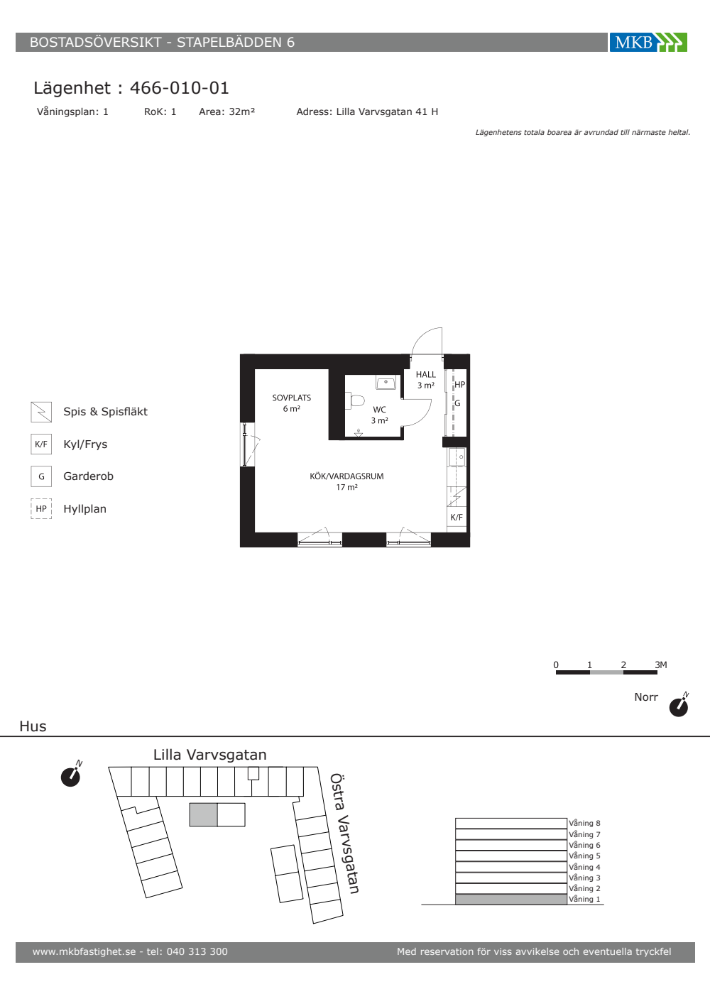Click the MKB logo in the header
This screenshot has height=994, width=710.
click(648, 42)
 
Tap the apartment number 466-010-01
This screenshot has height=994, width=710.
click(179, 88)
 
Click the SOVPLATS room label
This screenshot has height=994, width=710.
click(292, 398)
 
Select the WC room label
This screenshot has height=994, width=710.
click(379, 410)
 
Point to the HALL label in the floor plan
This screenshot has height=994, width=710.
click(425, 375)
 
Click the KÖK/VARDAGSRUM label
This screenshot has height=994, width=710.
click(346, 476)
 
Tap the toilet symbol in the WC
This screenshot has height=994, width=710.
click(355, 400)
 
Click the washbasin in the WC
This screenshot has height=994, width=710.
click(386, 383)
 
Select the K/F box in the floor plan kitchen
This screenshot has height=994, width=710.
click(457, 517)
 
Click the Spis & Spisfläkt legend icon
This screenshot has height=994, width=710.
click(41, 412)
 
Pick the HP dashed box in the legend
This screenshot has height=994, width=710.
click(41, 508)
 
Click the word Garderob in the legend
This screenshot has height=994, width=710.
click(88, 476)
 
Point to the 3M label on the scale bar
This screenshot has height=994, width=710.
click(661, 665)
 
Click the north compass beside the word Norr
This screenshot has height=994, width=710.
click(679, 704)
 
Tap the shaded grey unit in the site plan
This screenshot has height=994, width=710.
click(203, 815)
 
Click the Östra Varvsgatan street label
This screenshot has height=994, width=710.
click(344, 834)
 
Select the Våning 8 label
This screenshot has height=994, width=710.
click(584, 823)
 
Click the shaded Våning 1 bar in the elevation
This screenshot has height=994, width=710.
click(511, 900)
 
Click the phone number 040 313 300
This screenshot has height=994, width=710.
click(197, 952)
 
